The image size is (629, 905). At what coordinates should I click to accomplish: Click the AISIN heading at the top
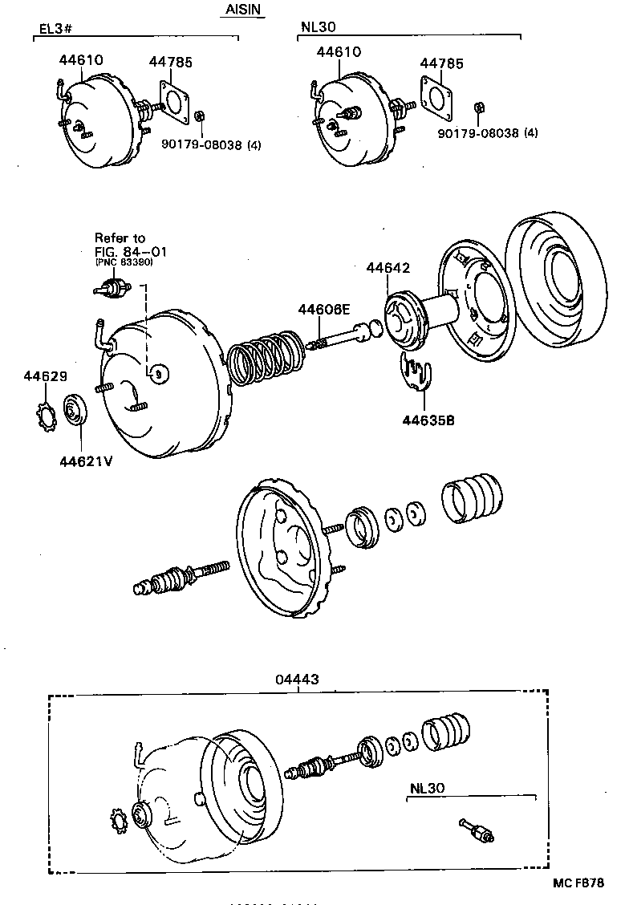click(x=241, y=10)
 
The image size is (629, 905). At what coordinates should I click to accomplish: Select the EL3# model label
click(x=55, y=30)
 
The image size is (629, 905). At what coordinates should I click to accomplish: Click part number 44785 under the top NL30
click(x=441, y=62)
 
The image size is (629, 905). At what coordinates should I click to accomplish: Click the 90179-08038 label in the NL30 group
click(x=479, y=132)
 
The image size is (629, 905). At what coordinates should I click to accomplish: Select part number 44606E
click(x=324, y=309)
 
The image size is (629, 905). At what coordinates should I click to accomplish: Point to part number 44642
click(x=388, y=267)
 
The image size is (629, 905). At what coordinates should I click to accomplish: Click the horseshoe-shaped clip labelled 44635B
click(x=416, y=373)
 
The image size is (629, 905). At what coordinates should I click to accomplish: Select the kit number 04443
click(x=297, y=679)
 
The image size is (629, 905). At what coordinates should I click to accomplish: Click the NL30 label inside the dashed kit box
click(x=426, y=788)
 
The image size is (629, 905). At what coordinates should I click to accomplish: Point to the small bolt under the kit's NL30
click(x=477, y=831)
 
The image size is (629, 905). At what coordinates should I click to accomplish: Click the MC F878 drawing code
click(x=579, y=883)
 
